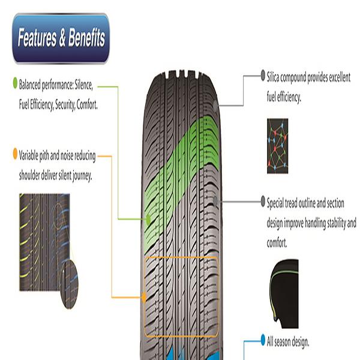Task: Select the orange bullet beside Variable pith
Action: click(x=15, y=154)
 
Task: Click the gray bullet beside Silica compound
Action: click(x=262, y=77)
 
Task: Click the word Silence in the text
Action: click(x=85, y=85)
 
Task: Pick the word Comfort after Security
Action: click(x=87, y=104)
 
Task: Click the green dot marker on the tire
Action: click(x=148, y=220)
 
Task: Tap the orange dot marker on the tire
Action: click(x=143, y=297)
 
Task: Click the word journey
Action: click(x=79, y=176)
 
